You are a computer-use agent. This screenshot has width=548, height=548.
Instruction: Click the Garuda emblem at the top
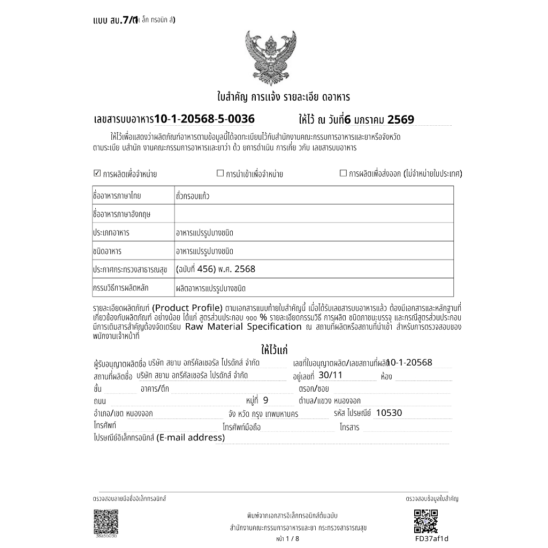270,57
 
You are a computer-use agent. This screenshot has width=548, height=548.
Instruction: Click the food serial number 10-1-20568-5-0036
204,119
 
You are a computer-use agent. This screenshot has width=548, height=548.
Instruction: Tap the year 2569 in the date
400,119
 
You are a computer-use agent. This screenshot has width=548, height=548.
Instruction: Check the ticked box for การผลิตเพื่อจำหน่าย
97,173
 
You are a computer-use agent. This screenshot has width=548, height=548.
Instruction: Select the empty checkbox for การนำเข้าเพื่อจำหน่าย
219,173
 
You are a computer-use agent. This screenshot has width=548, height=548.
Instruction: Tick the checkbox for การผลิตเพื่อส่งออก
343,173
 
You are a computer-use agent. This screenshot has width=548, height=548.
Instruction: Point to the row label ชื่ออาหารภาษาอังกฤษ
121,214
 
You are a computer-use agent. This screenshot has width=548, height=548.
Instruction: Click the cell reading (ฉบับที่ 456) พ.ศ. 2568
216,269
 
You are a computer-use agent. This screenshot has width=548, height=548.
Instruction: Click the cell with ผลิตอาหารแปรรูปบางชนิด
210,288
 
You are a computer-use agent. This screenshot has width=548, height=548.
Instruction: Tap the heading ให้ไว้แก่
274,351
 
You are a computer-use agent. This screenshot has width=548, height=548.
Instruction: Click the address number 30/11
330,375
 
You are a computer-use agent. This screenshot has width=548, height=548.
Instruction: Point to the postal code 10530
389,413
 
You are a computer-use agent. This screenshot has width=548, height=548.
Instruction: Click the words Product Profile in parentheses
187,307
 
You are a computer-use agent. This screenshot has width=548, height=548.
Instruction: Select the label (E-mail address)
191,438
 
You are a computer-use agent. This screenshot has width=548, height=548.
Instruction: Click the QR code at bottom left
105,521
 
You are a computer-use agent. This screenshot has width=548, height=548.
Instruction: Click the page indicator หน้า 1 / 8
288,539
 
